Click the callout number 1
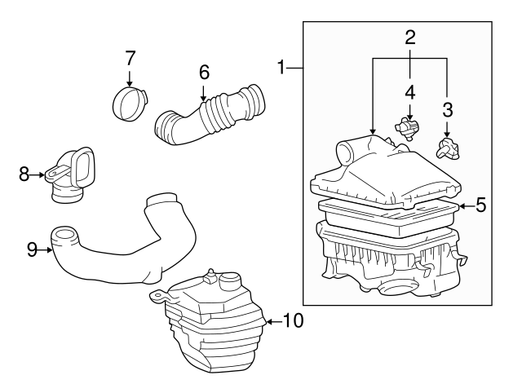point(282,68)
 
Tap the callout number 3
point(447,108)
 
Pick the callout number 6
point(205,72)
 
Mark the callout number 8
point(24,173)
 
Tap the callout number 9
point(32,249)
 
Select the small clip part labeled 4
point(408,126)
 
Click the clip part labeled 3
point(448,148)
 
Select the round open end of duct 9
point(66,238)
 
